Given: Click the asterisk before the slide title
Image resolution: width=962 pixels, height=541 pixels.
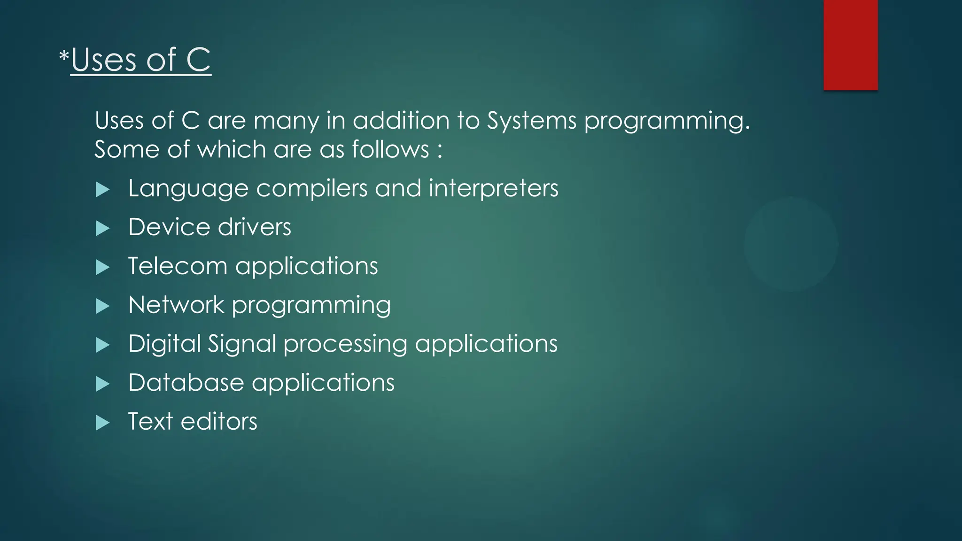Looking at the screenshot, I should (x=64, y=57).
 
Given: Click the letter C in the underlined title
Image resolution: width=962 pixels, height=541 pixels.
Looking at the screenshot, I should (x=198, y=60).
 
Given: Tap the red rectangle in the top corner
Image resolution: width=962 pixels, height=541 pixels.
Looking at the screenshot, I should (x=850, y=45).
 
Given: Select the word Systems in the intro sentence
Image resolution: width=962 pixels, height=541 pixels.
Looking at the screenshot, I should (x=531, y=121).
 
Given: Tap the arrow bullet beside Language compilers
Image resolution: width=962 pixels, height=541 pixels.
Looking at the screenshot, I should (x=102, y=190).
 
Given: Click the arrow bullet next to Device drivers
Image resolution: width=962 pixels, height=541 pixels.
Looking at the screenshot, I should (x=102, y=229).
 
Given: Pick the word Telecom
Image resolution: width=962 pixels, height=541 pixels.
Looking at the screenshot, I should (x=178, y=266).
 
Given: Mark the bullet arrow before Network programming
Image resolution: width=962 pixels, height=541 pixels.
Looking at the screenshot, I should (x=102, y=307).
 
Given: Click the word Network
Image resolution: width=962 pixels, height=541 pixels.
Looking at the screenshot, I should (x=176, y=305).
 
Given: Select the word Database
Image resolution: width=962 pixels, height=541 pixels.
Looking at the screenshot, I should (x=186, y=383).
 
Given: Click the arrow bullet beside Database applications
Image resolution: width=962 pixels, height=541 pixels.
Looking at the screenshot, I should (x=102, y=385).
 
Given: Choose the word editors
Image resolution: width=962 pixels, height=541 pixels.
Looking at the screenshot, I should (x=219, y=422).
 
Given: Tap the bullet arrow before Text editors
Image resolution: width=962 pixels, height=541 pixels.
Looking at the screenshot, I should (x=102, y=423).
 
